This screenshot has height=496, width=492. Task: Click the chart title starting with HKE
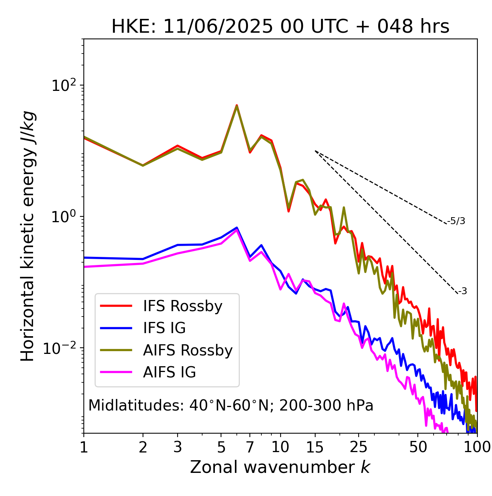click(280, 27)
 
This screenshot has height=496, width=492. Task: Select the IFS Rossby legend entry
click(183, 306)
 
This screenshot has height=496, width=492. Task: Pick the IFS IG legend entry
click(164, 328)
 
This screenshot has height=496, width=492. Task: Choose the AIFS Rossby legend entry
click(188, 350)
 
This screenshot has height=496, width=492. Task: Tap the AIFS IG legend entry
click(170, 372)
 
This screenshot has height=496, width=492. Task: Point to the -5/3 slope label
click(456, 221)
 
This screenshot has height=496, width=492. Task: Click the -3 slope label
click(462, 292)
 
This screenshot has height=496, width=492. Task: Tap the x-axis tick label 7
click(250, 447)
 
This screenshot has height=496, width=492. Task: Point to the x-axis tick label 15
click(315, 447)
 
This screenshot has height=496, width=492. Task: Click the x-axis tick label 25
click(359, 447)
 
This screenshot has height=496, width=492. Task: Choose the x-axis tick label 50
click(418, 447)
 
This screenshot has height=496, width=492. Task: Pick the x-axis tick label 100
click(477, 447)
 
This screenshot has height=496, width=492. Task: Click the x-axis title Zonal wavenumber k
click(280, 467)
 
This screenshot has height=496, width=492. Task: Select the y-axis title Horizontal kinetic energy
click(28, 236)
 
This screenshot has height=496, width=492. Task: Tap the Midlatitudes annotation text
click(231, 406)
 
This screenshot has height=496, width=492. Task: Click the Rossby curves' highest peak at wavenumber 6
click(237, 106)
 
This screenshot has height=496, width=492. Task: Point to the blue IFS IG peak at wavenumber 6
click(237, 228)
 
